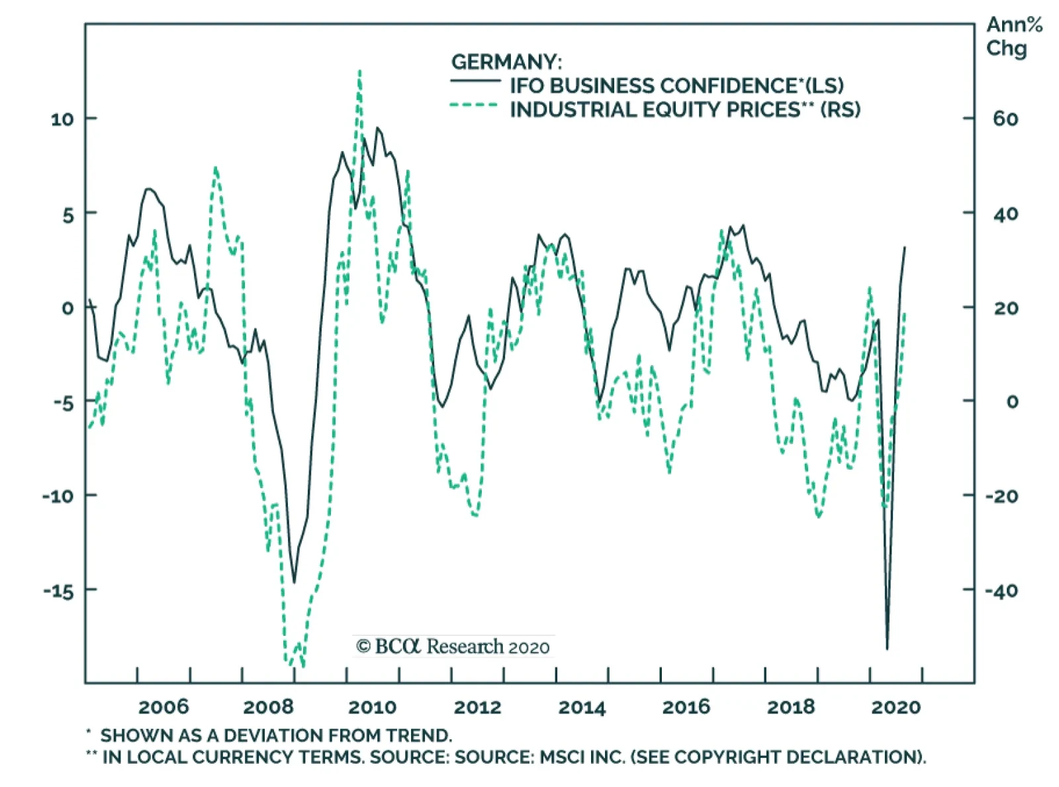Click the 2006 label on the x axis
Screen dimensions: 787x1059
click(163, 707)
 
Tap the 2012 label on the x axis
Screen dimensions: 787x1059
click(477, 707)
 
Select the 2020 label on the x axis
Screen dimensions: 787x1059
click(896, 707)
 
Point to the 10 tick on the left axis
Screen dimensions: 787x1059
click(62, 119)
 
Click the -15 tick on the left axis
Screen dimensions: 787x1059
click(59, 590)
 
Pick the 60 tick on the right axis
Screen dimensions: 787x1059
click(1005, 119)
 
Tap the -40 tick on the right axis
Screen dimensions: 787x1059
click(1001, 590)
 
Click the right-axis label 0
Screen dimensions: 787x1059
click(1012, 401)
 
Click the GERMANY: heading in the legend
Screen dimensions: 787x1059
click(506, 62)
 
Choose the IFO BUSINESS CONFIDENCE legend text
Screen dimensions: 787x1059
click(676, 85)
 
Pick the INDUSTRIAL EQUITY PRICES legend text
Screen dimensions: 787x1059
click(685, 109)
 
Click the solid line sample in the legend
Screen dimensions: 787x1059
click(475, 81)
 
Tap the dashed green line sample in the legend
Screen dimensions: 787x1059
click(474, 105)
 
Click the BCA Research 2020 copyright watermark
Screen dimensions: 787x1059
click(453, 646)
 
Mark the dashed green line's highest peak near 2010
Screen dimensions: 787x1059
click(359, 72)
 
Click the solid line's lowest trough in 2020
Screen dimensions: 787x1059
click(887, 648)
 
